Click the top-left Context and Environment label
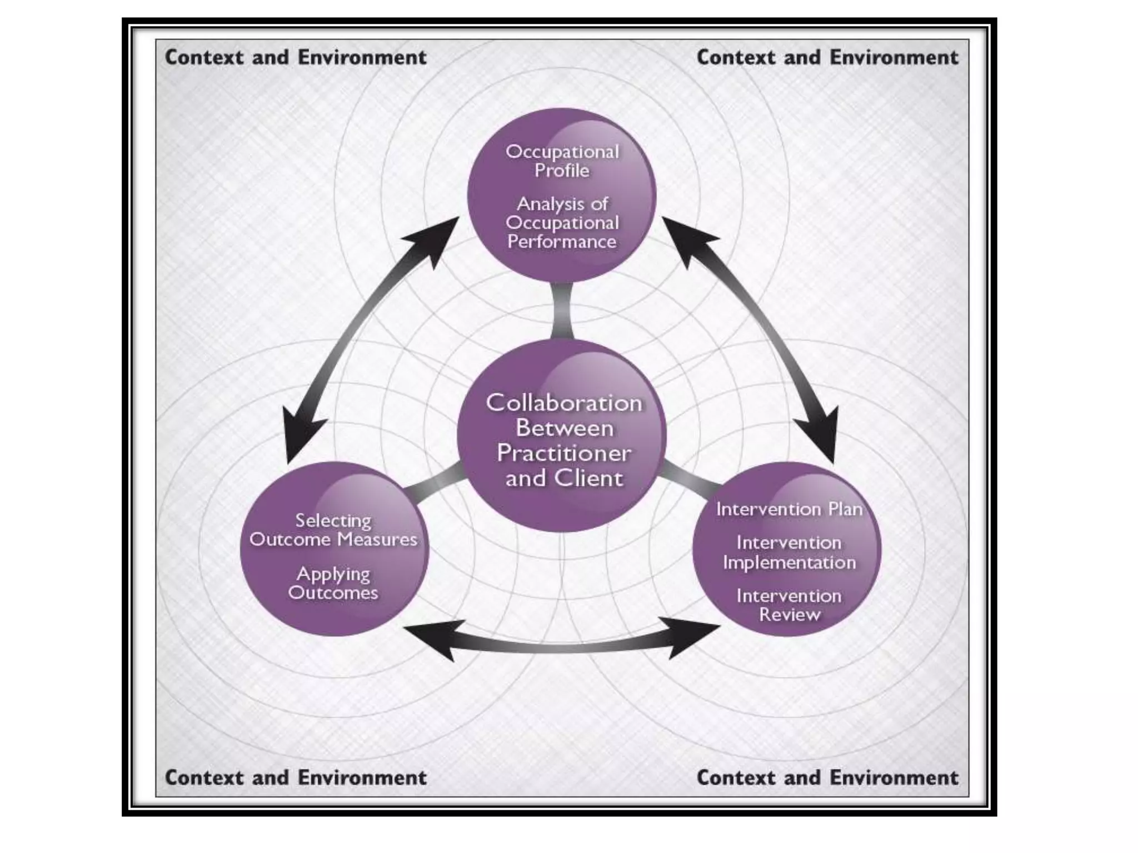[296, 57]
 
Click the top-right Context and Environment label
[827, 57]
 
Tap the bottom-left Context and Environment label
[296, 777]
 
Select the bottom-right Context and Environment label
[827, 777]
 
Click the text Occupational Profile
[562, 161]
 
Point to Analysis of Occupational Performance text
[562, 223]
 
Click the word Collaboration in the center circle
[564, 403]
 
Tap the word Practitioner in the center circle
[564, 453]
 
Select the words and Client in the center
[564, 478]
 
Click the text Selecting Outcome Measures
[333, 530]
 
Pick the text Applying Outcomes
[333, 583]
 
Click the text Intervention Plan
[789, 509]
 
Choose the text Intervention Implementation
[789, 553]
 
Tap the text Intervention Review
[789, 605]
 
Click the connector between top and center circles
[562, 311]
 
